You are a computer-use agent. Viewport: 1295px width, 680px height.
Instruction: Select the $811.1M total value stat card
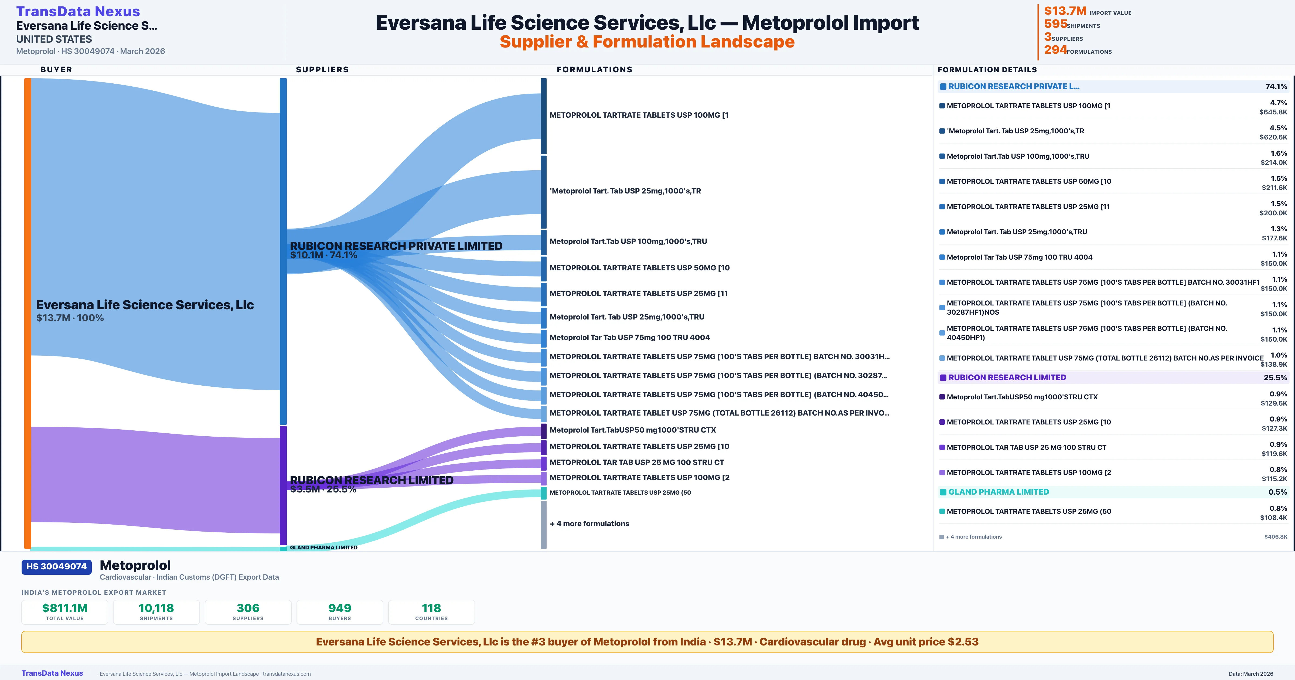tap(65, 612)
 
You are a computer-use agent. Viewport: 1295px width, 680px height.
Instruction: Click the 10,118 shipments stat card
tap(156, 612)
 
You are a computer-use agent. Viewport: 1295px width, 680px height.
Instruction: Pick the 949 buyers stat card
tap(340, 612)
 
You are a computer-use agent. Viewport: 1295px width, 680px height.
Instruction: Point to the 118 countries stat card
tap(431, 612)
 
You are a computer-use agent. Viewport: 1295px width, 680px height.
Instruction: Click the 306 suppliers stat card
tap(248, 612)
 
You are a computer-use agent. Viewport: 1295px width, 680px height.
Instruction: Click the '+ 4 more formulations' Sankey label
tap(589, 523)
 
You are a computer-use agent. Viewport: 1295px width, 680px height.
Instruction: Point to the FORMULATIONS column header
tap(594, 69)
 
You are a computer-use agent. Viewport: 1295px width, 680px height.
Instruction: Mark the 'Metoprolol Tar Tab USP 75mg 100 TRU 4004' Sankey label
tap(629, 338)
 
